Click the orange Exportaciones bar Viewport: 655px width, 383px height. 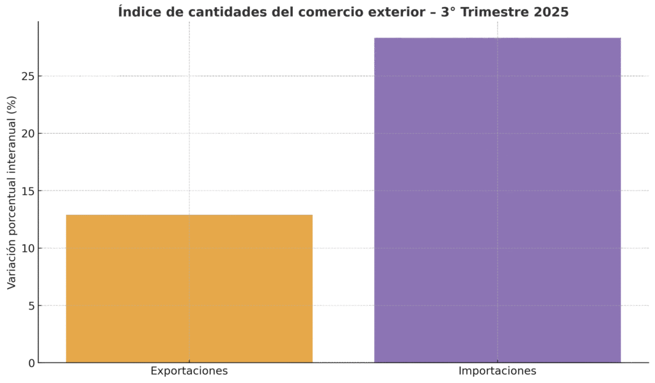click(x=189, y=288)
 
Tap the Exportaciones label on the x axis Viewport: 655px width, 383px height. click(x=189, y=371)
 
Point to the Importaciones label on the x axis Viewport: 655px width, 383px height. click(x=497, y=371)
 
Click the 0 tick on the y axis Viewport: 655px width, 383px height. click(x=30, y=363)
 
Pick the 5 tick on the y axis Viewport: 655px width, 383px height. click(x=30, y=306)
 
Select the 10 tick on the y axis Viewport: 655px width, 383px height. click(x=27, y=248)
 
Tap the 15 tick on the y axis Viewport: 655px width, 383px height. click(x=27, y=191)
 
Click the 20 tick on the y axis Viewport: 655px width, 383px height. click(x=27, y=134)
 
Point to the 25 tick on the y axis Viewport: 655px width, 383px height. click(x=27, y=76)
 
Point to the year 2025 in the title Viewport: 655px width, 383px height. click(x=551, y=12)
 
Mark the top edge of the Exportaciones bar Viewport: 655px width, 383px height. click(x=189, y=215)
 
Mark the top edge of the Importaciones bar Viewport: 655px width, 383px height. click(x=497, y=38)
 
